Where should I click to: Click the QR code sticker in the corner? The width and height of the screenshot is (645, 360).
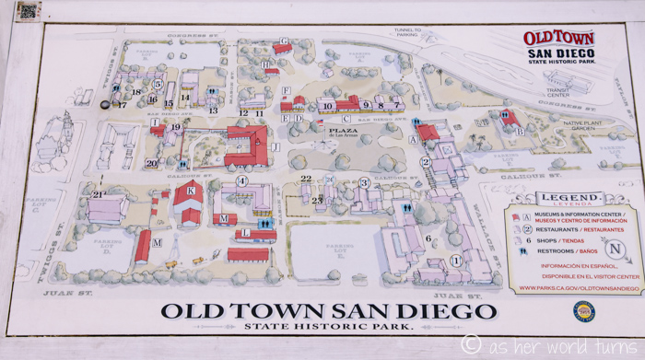point(28,11)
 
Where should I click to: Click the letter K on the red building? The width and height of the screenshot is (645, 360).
point(190,191)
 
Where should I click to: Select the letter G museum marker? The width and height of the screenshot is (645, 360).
point(284,41)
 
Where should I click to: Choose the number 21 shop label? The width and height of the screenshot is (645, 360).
point(98,194)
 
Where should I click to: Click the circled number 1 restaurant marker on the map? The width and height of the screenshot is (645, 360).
point(454,260)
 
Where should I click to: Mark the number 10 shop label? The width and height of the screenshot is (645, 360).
point(326,106)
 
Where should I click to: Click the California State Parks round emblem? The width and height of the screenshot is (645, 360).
point(582,310)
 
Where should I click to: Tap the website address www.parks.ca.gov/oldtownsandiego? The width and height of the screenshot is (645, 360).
point(579,288)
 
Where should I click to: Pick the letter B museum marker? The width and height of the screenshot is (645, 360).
point(520,131)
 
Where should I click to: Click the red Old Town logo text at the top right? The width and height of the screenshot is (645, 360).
point(559,39)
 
